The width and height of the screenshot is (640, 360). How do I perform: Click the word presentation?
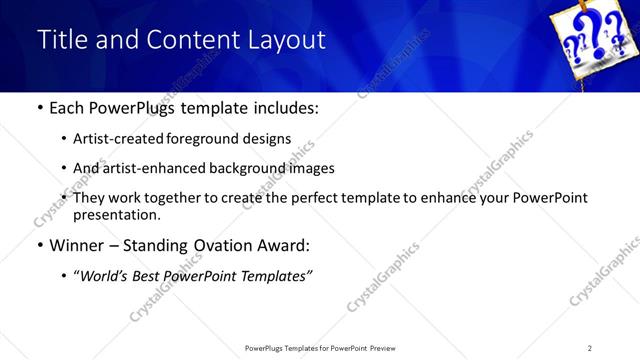117,214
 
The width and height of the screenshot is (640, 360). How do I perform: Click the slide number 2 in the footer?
590,348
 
